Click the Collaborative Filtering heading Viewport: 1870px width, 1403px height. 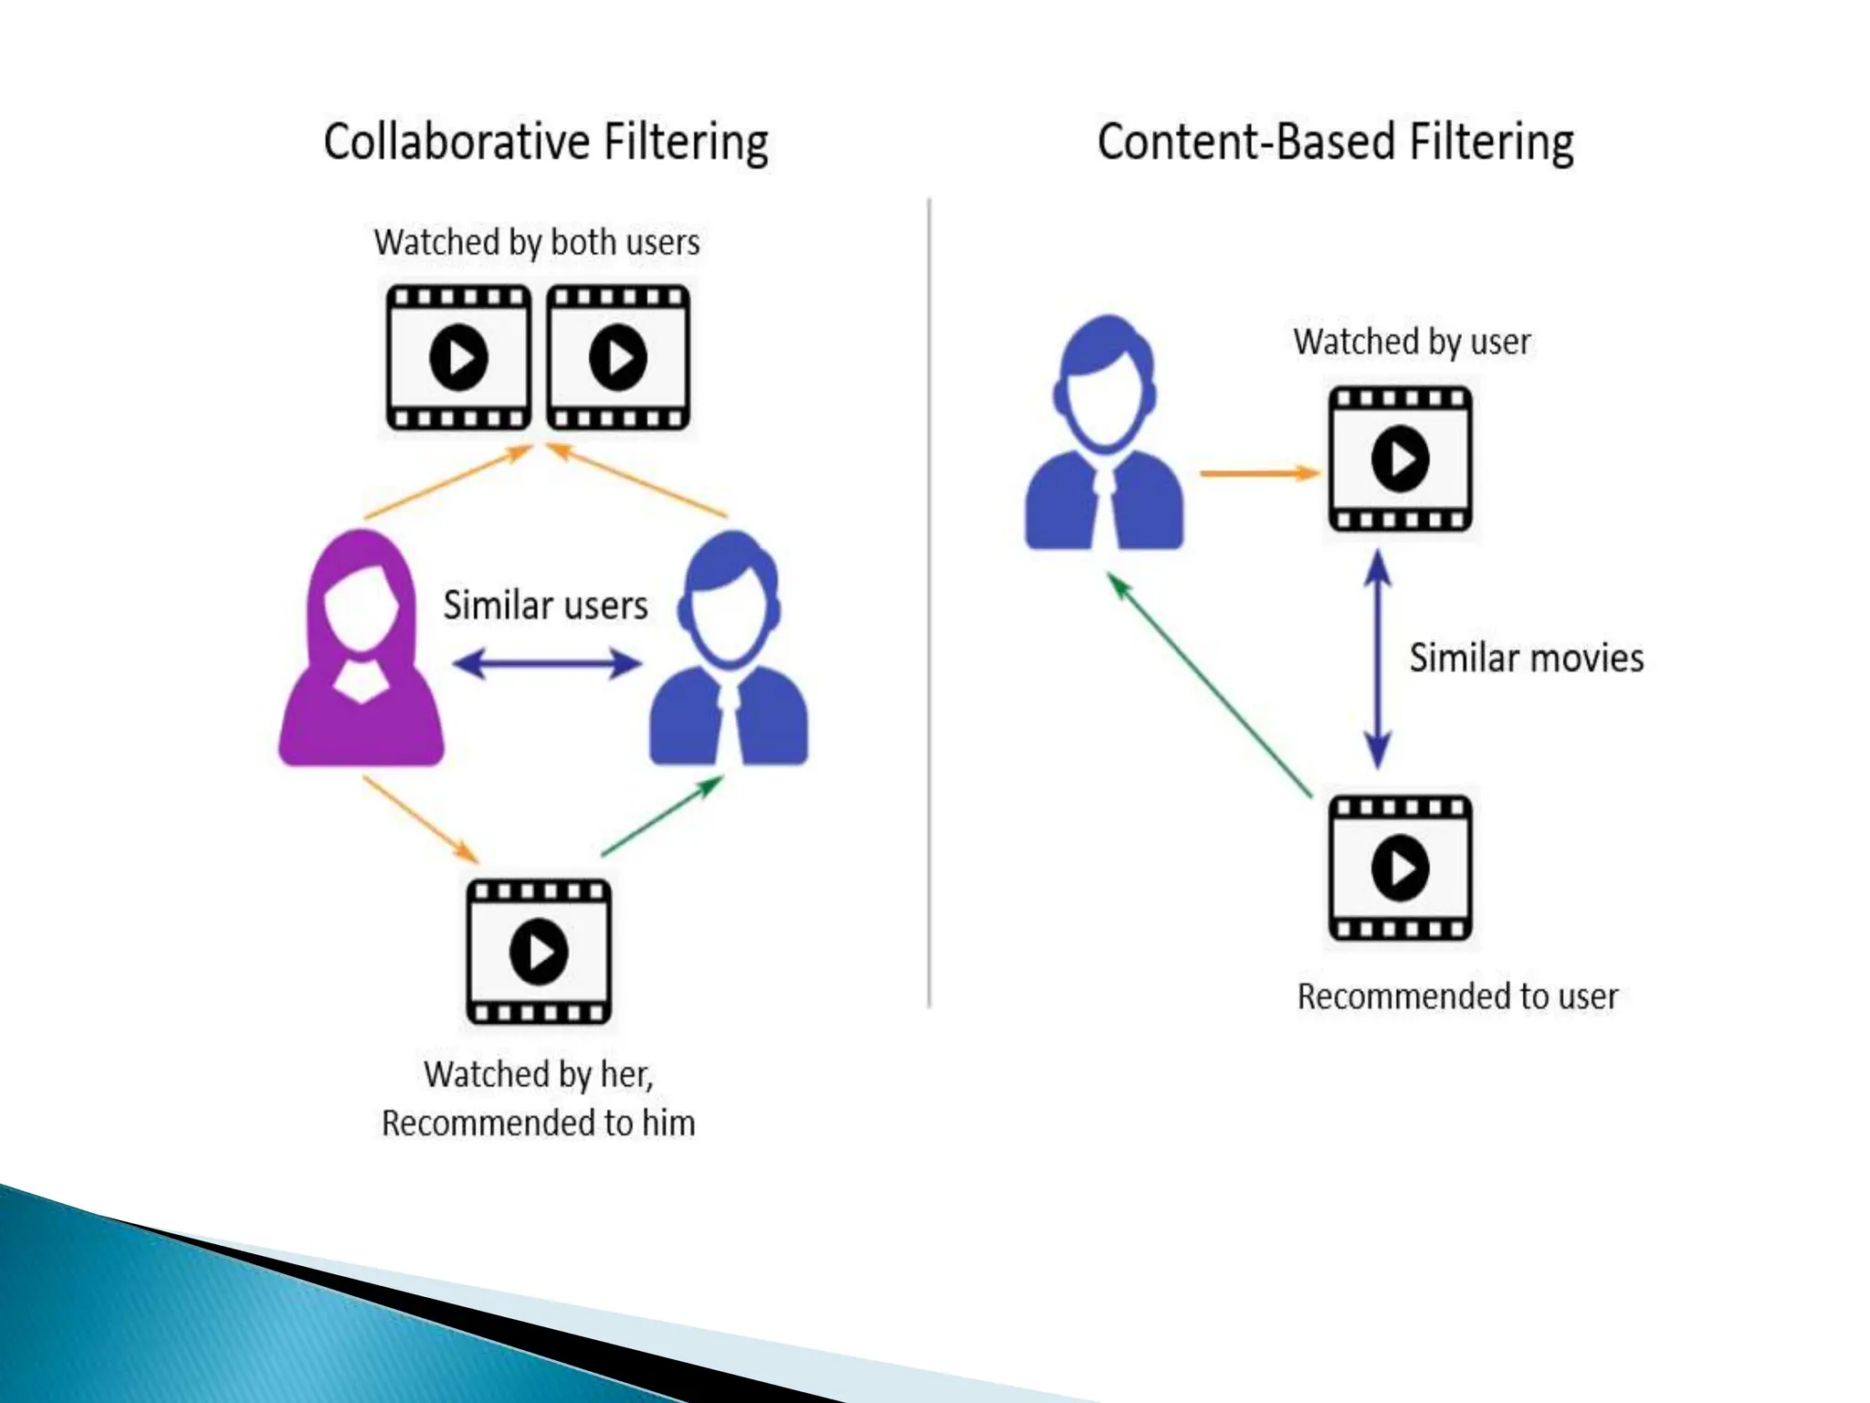coord(545,142)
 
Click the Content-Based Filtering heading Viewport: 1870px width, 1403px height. coord(1335,142)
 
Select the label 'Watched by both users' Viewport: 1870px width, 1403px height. coord(537,243)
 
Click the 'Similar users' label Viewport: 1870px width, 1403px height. coord(545,606)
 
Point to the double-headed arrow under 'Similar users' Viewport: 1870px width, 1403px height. coord(547,663)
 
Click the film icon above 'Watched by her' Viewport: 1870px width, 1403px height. coord(539,952)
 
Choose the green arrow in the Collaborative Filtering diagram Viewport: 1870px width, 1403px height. coord(663,817)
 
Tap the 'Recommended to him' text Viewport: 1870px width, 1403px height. coord(539,1123)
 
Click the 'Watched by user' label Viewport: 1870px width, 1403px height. coord(1412,343)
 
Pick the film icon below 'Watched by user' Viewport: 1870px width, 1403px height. coord(1400,459)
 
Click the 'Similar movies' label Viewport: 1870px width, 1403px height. coord(1526,659)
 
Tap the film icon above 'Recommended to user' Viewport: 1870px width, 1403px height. coord(1400,868)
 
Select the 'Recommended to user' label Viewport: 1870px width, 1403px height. coord(1457,997)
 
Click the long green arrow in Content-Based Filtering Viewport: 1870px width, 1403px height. coord(1210,685)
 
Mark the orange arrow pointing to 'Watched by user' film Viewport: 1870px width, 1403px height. coord(1258,473)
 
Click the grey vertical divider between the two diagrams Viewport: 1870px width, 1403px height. coord(929,603)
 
